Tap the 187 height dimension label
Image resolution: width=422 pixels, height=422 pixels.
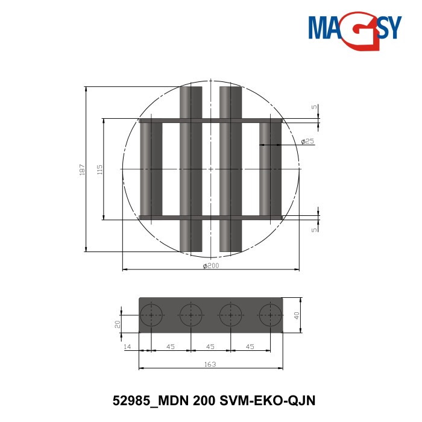[82, 170]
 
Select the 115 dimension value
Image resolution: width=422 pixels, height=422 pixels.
[99, 170]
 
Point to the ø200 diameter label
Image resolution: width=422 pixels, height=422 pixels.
[210, 266]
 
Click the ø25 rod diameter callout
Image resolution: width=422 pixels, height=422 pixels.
[307, 141]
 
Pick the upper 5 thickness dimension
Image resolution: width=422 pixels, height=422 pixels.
[313, 107]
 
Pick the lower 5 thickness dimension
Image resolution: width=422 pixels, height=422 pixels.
[313, 230]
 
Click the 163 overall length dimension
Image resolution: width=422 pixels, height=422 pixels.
[210, 364]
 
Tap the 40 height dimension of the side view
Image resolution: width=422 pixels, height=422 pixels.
[297, 314]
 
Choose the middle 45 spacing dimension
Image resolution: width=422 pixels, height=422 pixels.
[210, 347]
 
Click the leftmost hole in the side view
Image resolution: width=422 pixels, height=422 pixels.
[151, 315]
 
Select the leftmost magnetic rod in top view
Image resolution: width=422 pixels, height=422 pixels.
[151, 169]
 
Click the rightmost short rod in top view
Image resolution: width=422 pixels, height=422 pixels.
[270, 169]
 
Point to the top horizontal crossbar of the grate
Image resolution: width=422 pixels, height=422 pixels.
[210, 121]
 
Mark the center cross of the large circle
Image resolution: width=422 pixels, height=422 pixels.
[210, 170]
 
